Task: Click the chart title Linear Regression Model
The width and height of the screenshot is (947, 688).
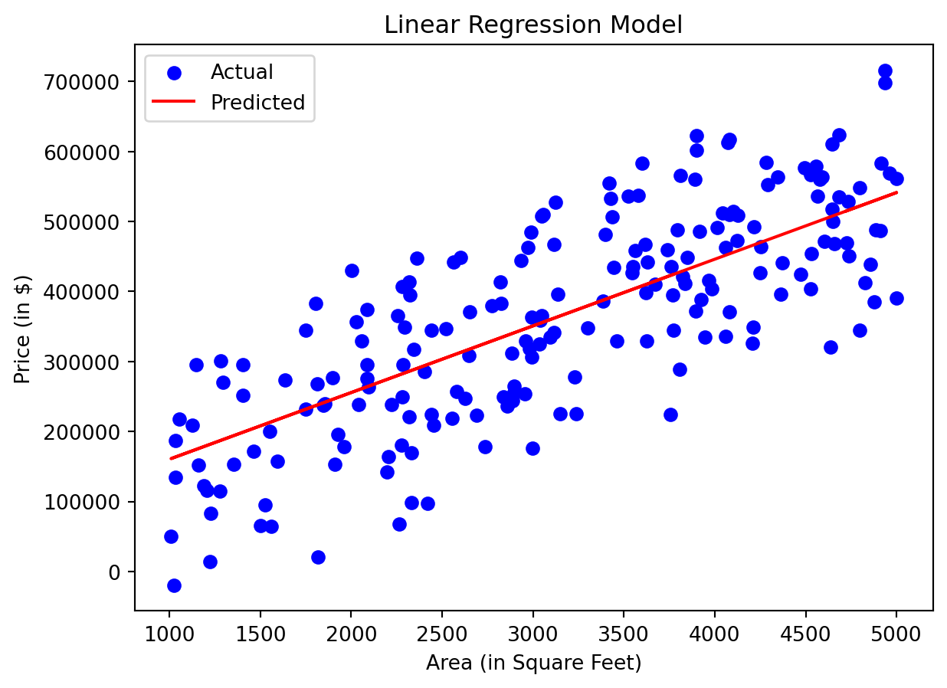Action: point(533,25)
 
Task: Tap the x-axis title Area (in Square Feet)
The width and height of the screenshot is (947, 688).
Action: point(533,663)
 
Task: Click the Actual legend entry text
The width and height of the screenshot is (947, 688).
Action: point(242,72)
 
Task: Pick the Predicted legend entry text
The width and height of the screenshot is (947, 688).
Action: point(258,103)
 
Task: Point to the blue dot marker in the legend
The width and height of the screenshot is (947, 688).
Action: point(174,73)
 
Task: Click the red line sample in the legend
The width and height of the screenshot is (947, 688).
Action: point(174,103)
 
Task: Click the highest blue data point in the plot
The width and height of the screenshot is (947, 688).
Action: point(885,71)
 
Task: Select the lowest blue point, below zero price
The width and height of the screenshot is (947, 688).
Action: point(174,585)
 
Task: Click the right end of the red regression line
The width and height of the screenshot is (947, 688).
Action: point(896,192)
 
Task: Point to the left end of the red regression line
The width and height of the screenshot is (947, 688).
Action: point(170,459)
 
